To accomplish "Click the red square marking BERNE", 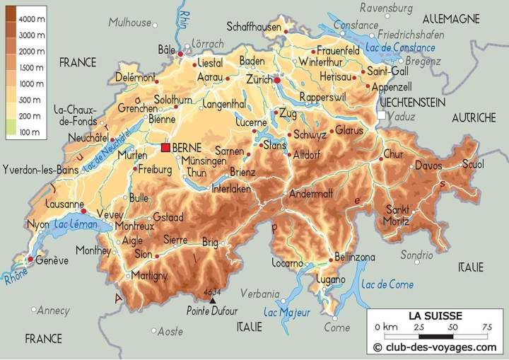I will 165,147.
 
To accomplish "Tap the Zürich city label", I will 258,80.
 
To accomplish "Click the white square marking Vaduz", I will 382,115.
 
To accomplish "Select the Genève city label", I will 52,260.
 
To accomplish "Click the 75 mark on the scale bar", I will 487,327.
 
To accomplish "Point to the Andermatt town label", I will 310,193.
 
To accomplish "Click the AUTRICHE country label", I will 473,117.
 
